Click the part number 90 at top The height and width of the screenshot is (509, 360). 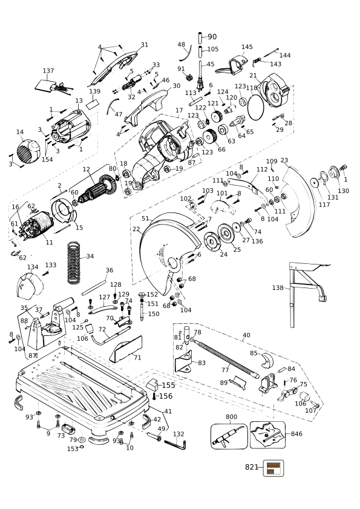(x=212, y=37)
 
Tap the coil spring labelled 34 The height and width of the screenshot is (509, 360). (x=74, y=263)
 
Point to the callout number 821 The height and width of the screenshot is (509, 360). (x=251, y=467)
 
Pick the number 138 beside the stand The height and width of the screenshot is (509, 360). (x=278, y=287)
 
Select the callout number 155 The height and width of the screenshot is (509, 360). (x=168, y=386)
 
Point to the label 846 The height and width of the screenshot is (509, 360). (x=296, y=434)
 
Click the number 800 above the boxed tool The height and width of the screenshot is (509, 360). (x=232, y=416)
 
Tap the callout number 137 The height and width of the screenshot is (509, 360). (x=48, y=71)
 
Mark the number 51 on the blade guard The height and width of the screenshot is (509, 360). (x=145, y=218)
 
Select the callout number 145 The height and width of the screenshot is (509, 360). (x=247, y=47)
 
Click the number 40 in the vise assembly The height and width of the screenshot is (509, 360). (x=247, y=335)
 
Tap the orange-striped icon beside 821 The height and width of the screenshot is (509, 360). (x=273, y=468)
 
